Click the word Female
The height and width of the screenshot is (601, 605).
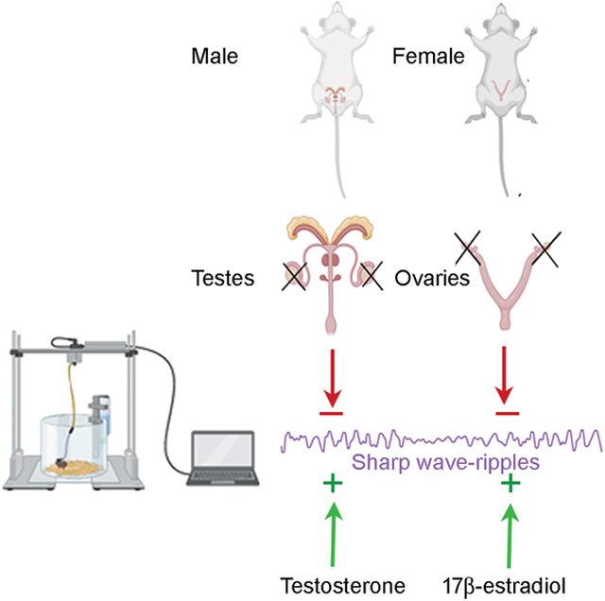[427, 58]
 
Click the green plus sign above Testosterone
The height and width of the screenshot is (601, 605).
[332, 485]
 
